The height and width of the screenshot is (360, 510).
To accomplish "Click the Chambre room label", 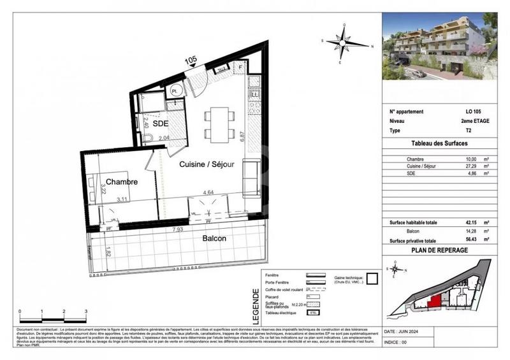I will pos(122,182).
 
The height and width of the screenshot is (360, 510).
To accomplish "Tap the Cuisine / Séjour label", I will pos(206,164).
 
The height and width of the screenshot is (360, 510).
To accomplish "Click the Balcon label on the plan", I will pos(214,239).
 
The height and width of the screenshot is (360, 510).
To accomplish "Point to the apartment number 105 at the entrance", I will pos(191,61).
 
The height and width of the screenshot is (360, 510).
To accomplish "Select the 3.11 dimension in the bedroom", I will pos(122,199).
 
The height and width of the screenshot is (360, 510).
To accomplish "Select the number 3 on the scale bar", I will pos(85,311).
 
